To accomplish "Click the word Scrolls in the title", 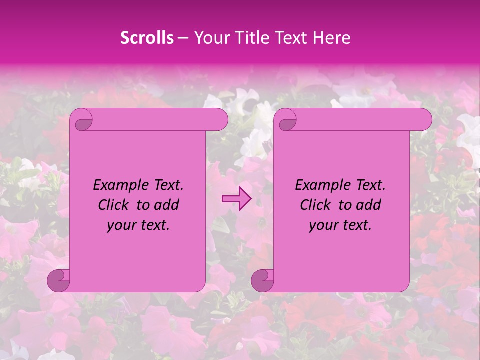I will pyautogui.click(x=147, y=38).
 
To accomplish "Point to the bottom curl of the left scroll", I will pyautogui.click(x=59, y=280).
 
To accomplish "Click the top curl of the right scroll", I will pyautogui.click(x=286, y=120).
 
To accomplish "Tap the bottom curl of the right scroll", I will pyautogui.click(x=263, y=280).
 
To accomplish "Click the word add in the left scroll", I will pyautogui.click(x=167, y=205).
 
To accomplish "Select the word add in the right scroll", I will pyautogui.click(x=369, y=205).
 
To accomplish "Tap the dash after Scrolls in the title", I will pyautogui.click(x=183, y=38).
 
